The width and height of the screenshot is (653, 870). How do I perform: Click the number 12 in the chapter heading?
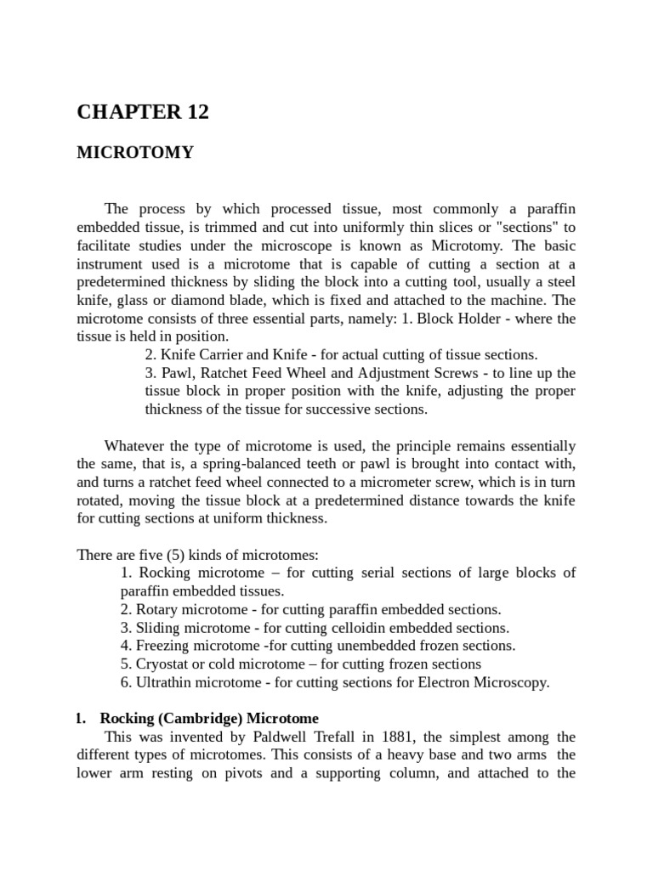pyautogui.click(x=193, y=111)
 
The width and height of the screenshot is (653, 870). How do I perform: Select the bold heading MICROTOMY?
pyautogui.click(x=135, y=153)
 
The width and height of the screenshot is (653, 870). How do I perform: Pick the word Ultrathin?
pyautogui.click(x=162, y=682)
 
